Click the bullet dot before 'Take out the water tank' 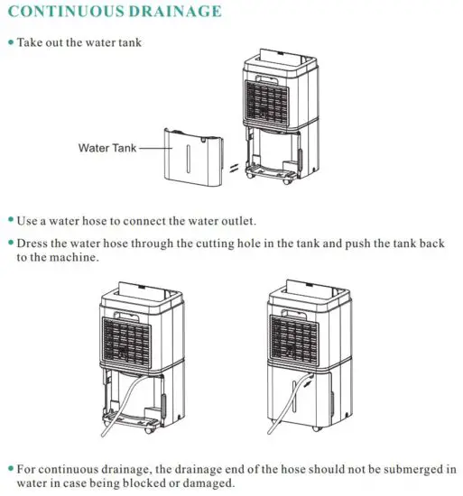point(10,42)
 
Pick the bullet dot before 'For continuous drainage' point(10,469)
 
